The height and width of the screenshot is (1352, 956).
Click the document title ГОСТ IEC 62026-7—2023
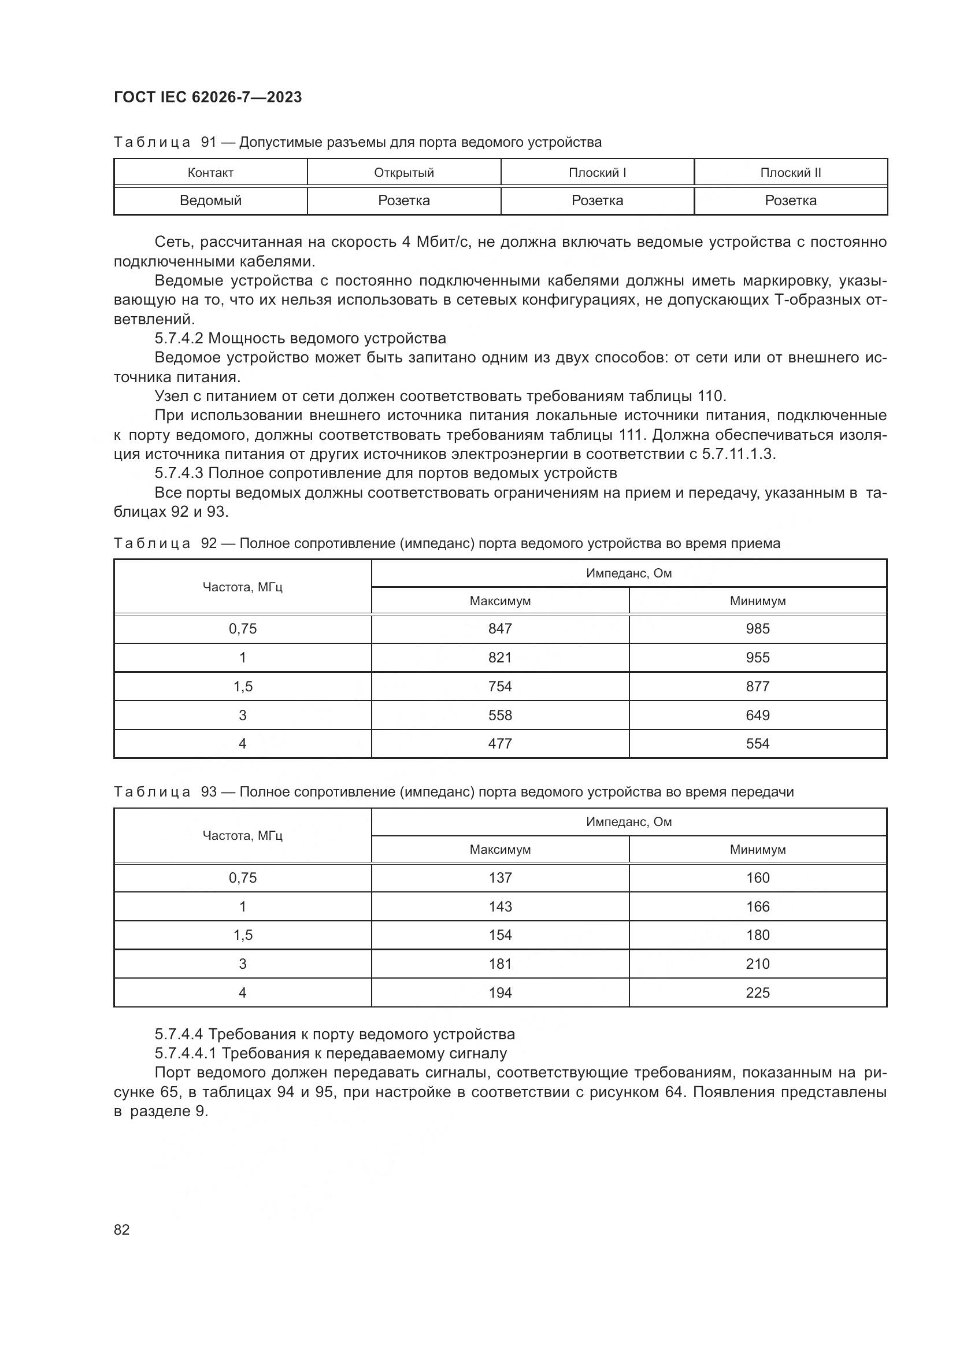pos(208,97)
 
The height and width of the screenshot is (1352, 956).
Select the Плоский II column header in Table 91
pos(790,172)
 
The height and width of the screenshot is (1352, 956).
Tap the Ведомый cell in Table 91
pos(211,201)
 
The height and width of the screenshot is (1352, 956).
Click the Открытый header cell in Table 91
pos(404,172)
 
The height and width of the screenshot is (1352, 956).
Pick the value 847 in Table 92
pos(500,629)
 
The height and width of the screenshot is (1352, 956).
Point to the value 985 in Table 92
pos(758,629)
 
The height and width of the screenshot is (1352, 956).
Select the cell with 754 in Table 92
pos(500,687)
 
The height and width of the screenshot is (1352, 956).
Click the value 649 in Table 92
pos(758,716)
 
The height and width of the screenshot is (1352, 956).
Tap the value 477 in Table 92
pos(500,744)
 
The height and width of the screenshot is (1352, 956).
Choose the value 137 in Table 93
pos(500,878)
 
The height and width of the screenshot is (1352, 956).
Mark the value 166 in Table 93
pos(758,907)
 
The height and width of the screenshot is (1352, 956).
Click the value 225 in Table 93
pos(758,993)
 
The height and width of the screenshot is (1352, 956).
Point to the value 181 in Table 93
pos(500,964)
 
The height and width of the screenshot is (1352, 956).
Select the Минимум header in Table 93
pos(758,850)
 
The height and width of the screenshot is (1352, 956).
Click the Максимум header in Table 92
pos(500,601)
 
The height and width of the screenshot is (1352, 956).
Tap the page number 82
pos(122,1229)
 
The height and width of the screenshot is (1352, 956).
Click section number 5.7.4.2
pos(179,339)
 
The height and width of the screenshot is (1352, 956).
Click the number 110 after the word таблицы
pos(711,396)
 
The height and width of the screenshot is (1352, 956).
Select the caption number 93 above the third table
pos(209,792)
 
